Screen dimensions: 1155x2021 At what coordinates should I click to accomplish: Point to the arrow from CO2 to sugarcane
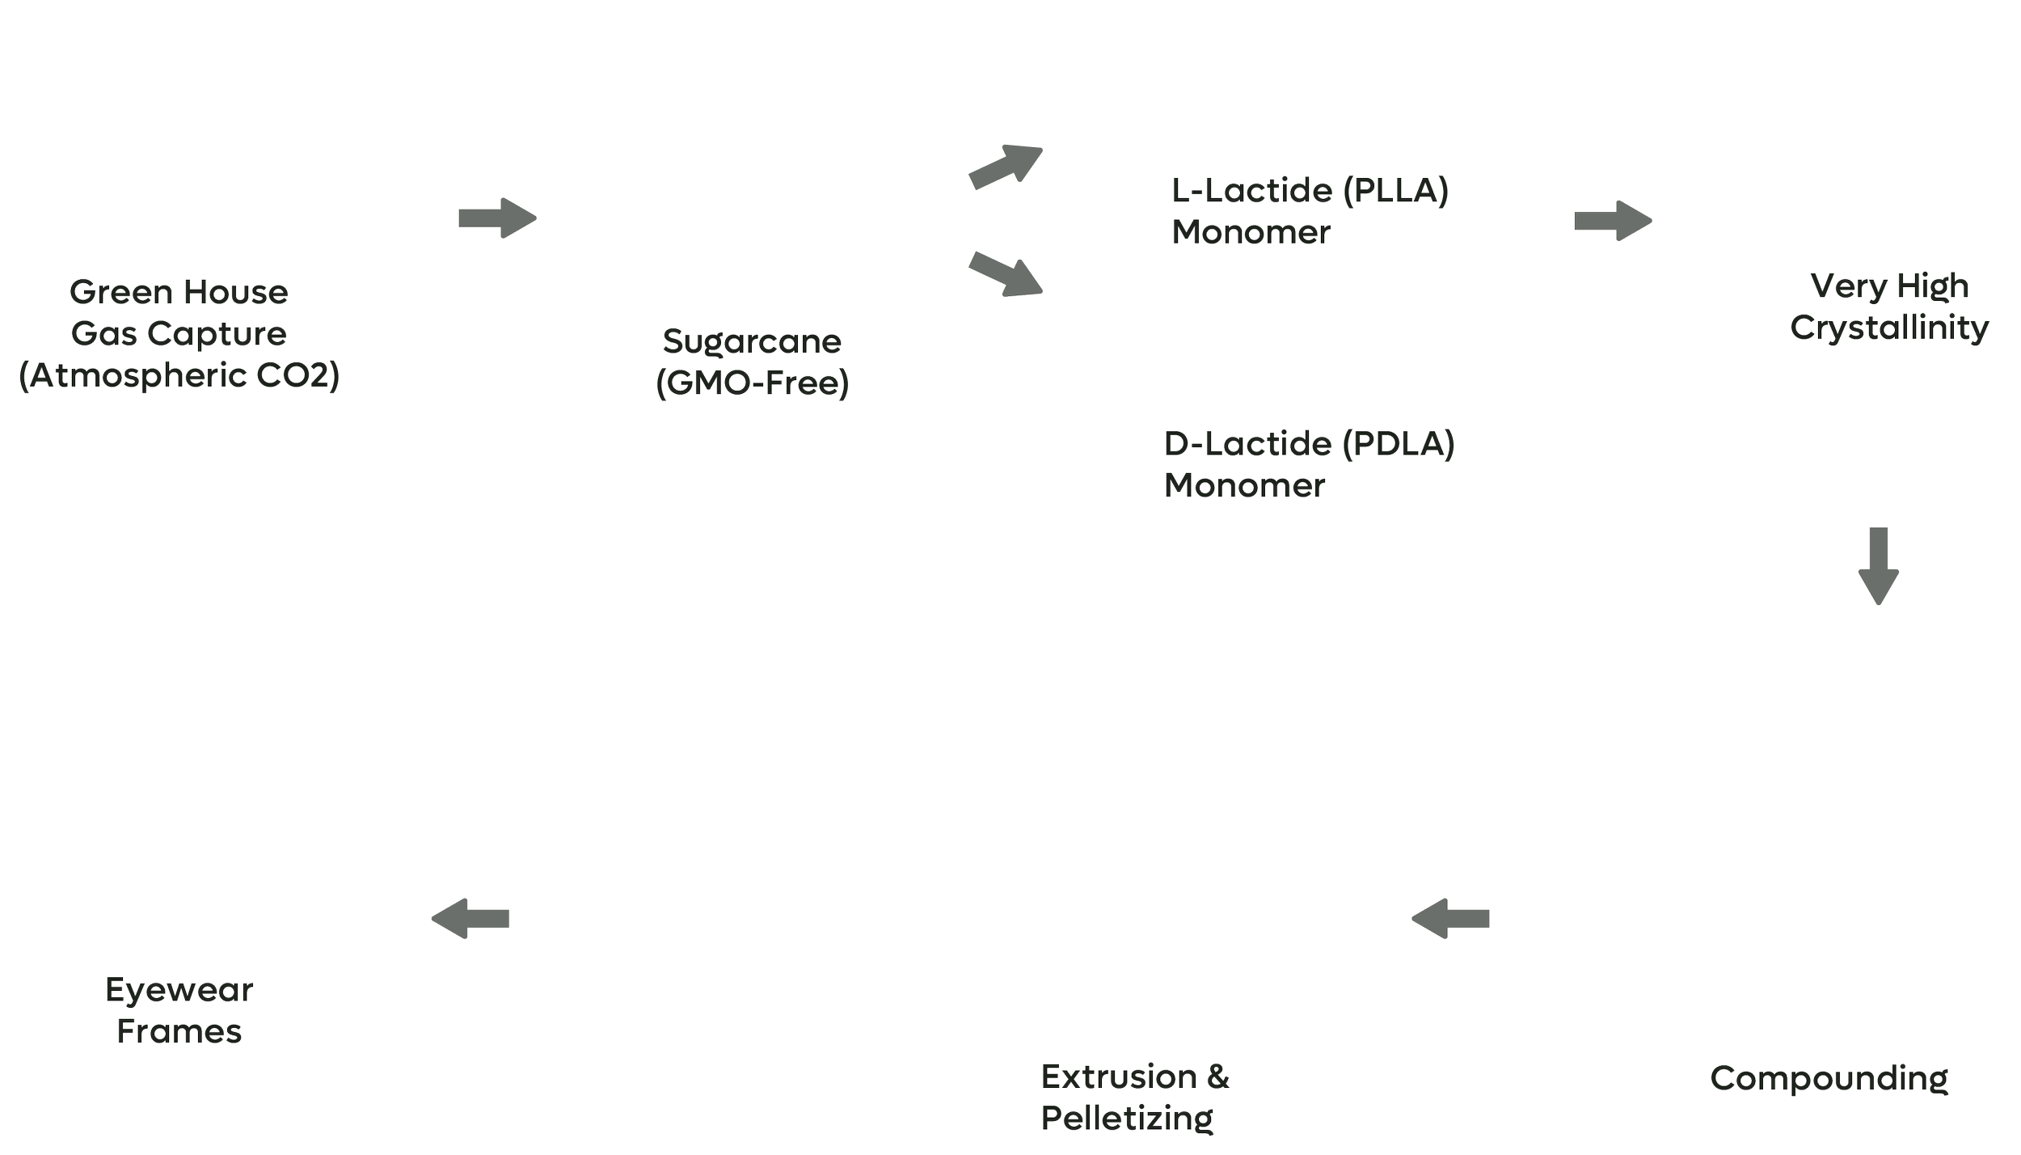497,218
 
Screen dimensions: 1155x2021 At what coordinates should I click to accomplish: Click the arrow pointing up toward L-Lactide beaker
1005,167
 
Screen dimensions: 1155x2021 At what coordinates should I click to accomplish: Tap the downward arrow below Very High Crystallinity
1878,565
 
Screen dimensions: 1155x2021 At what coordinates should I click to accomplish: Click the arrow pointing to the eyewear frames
470,917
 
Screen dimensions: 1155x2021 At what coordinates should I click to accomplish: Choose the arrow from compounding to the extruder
1450,917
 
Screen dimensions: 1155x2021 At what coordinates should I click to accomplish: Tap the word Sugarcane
752,341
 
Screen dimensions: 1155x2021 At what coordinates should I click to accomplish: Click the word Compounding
1829,1077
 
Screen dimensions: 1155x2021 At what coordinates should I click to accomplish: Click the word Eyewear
179,990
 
